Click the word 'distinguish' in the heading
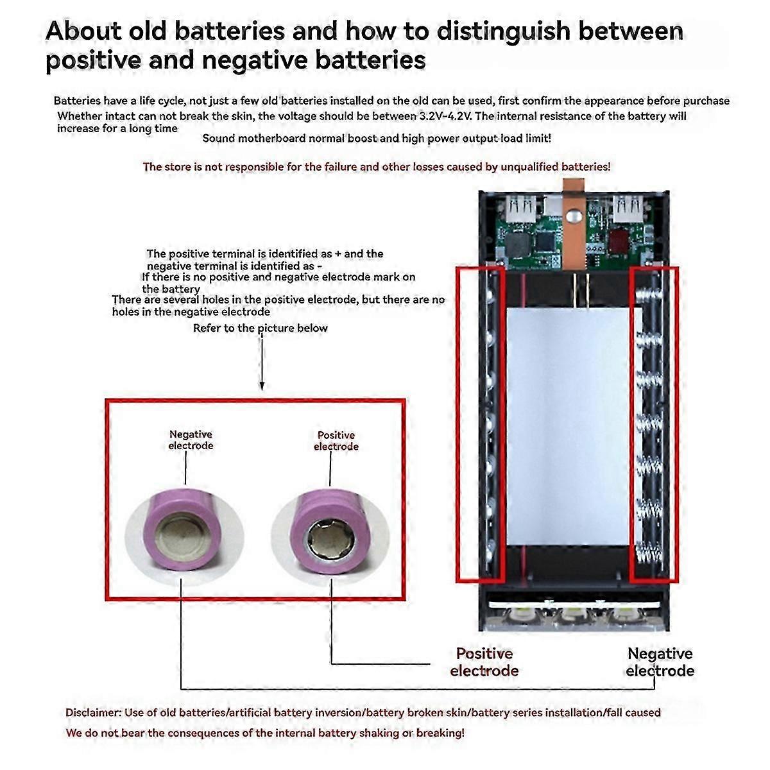point(485,31)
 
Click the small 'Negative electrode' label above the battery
point(191,440)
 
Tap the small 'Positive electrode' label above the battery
point(336,441)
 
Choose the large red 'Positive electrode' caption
point(484,662)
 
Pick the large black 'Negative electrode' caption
point(660,662)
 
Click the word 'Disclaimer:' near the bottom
point(93,712)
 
